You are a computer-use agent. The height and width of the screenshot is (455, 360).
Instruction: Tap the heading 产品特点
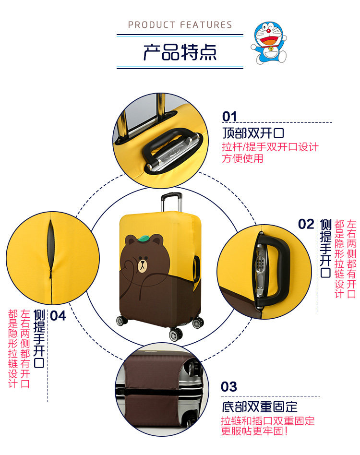click(180, 52)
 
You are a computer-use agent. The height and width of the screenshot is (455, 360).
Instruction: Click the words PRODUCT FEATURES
click(180, 25)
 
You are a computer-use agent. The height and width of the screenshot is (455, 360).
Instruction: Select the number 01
click(229, 117)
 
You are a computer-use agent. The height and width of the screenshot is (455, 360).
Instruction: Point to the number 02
click(306, 224)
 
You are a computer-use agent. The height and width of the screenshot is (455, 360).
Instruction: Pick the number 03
click(229, 387)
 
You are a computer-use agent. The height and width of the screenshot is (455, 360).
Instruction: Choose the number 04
click(58, 315)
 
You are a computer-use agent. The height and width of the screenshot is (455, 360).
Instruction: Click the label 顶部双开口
click(253, 132)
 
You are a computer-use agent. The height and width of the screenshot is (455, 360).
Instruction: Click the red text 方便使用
click(242, 158)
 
